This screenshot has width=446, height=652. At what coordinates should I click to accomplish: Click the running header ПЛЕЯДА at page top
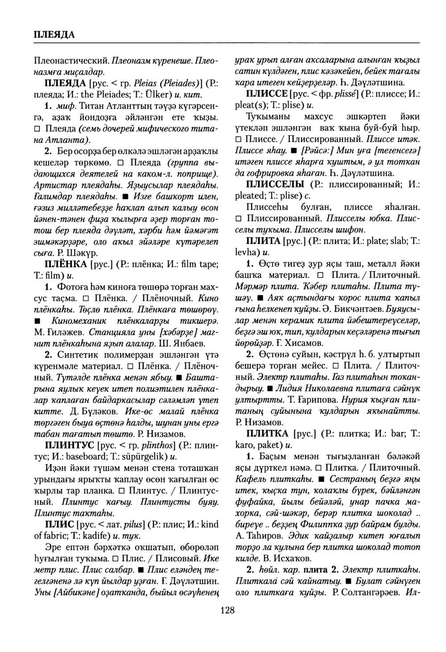pyautogui.click(x=54, y=34)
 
